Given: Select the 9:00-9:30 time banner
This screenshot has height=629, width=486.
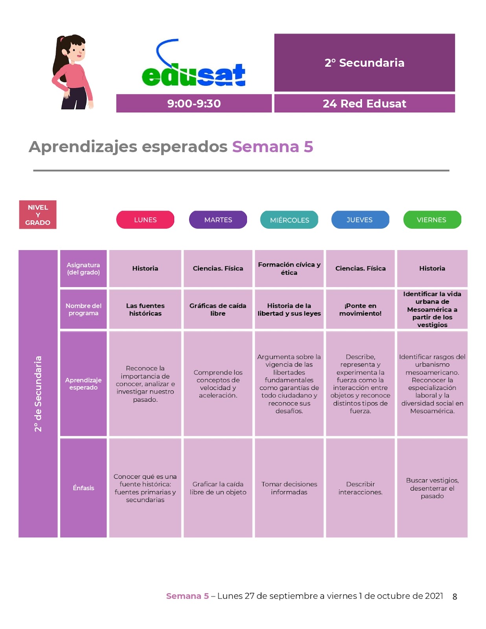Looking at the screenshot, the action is coord(194,103).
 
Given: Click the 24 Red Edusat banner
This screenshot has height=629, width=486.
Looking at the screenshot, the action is coord(364,103).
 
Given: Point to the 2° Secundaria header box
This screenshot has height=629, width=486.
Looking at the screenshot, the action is coord(364,63).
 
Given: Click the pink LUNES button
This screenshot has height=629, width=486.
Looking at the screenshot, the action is coord(145,220).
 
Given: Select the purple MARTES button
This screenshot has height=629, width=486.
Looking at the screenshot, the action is coord(218,220).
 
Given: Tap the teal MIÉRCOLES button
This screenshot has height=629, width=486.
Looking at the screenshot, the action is coord(289,220).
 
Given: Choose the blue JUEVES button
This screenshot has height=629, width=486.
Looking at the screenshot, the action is coord(360,220).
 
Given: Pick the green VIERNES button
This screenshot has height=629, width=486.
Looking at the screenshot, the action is coord(432,220).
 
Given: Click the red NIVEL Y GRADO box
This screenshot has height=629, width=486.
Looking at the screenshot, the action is coord(38,215).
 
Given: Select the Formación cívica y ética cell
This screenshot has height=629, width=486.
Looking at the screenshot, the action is coord(289,269).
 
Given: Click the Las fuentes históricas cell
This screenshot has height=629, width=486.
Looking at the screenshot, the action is coord(145,309).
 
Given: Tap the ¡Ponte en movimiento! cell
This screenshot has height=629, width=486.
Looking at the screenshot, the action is coord(360,309).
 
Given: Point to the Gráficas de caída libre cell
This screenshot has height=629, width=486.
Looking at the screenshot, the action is coord(218,309).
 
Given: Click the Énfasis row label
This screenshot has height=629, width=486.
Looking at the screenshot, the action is coord(83,488).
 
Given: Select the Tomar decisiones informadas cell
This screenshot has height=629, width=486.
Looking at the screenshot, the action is coord(289,488).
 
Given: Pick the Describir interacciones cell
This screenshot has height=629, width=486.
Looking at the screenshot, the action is coord(360,488).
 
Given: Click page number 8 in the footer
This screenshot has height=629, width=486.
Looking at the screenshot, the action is coord(455,597).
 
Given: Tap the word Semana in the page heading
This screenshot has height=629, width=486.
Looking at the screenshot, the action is coord(265,147).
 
